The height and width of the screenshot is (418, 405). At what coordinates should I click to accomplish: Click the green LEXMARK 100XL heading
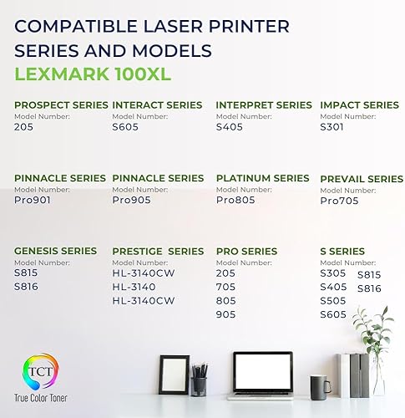tap(94, 73)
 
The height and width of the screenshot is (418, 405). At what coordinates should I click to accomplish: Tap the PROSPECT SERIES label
tap(60, 105)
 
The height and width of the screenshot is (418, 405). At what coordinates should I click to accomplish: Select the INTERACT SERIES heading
tap(157, 105)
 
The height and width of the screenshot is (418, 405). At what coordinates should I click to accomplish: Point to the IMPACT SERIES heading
tap(359, 105)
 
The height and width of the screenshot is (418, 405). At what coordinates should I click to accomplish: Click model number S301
tap(332, 127)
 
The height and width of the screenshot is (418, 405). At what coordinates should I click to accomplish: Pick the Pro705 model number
tap(339, 201)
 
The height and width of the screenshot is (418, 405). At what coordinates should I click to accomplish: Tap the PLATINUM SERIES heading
tap(262, 178)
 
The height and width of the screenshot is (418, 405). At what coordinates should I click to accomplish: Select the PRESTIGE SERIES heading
tap(157, 251)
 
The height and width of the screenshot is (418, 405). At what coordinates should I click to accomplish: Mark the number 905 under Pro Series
tap(225, 314)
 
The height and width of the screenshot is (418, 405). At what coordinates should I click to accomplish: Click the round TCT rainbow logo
tap(33, 372)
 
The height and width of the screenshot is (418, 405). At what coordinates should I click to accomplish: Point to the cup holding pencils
tap(199, 385)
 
